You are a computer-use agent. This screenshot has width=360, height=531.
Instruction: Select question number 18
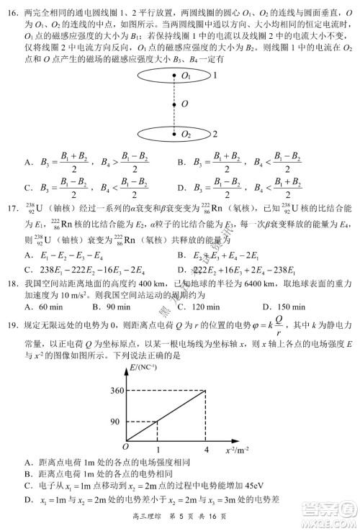[x=12, y=282]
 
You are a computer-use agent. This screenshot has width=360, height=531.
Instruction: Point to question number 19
[x=12, y=324]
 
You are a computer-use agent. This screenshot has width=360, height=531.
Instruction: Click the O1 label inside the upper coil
[x=186, y=76]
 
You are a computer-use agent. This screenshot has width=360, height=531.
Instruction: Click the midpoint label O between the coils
[x=185, y=104]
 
